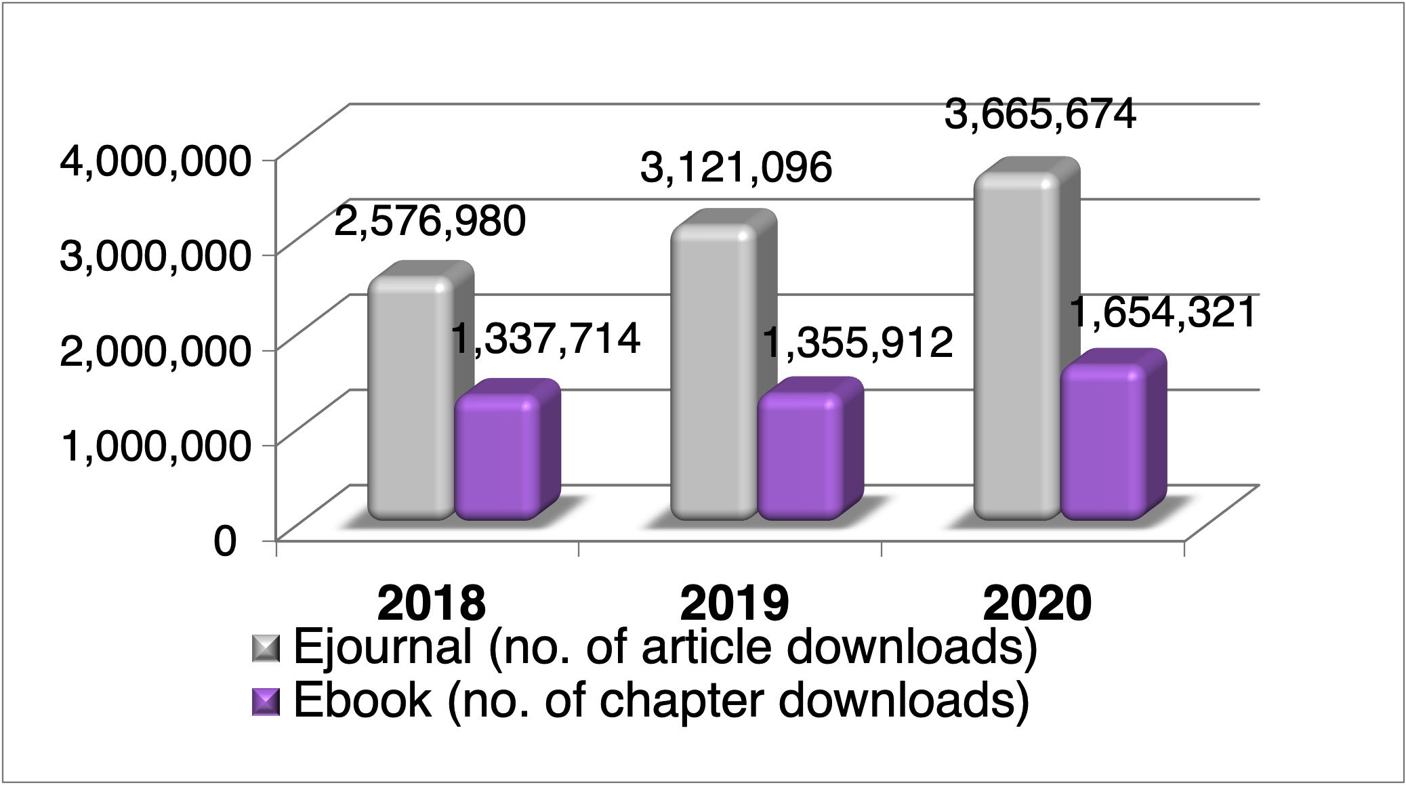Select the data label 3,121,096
click(736, 167)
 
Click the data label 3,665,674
click(1039, 114)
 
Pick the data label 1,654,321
click(1163, 314)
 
